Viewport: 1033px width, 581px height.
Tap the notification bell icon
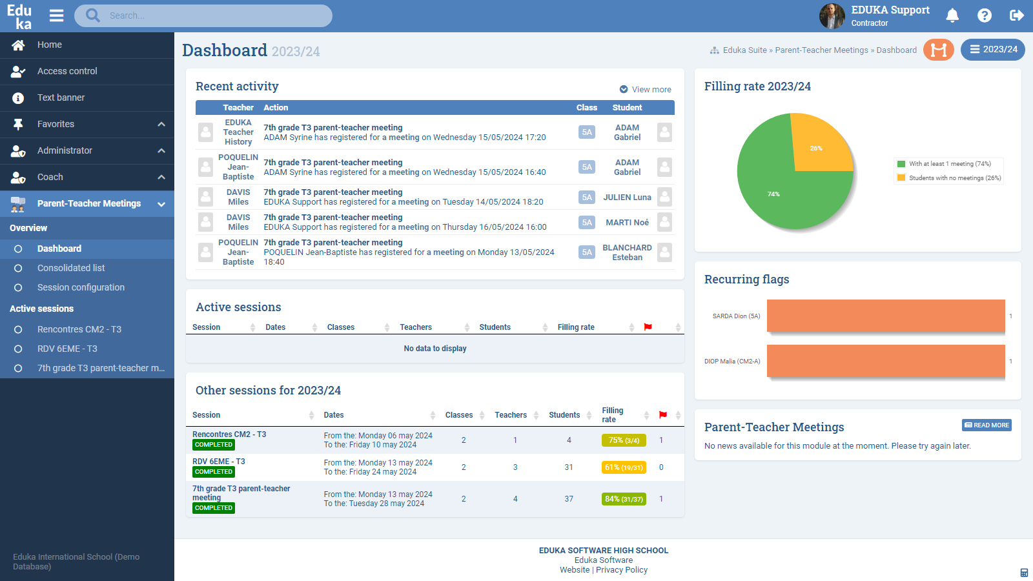pos(952,15)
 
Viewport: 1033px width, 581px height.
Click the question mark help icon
pos(985,15)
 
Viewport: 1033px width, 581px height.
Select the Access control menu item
pos(67,71)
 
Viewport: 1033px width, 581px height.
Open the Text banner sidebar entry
pos(61,97)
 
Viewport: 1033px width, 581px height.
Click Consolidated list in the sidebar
pos(71,268)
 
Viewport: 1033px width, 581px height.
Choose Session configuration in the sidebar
pos(81,287)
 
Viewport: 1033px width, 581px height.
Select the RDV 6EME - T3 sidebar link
pos(67,349)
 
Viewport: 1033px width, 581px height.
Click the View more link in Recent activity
pos(651,90)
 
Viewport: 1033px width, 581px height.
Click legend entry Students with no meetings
pos(954,178)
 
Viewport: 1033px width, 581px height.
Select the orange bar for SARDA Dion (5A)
pos(886,316)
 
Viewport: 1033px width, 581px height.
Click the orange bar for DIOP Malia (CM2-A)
pos(886,361)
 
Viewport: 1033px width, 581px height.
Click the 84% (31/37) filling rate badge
pos(624,499)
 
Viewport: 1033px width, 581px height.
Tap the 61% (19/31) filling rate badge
pos(624,467)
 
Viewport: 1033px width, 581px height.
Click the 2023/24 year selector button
pos(993,50)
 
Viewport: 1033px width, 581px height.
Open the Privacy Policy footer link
pos(622,570)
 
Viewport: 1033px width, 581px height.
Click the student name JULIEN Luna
pos(627,198)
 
